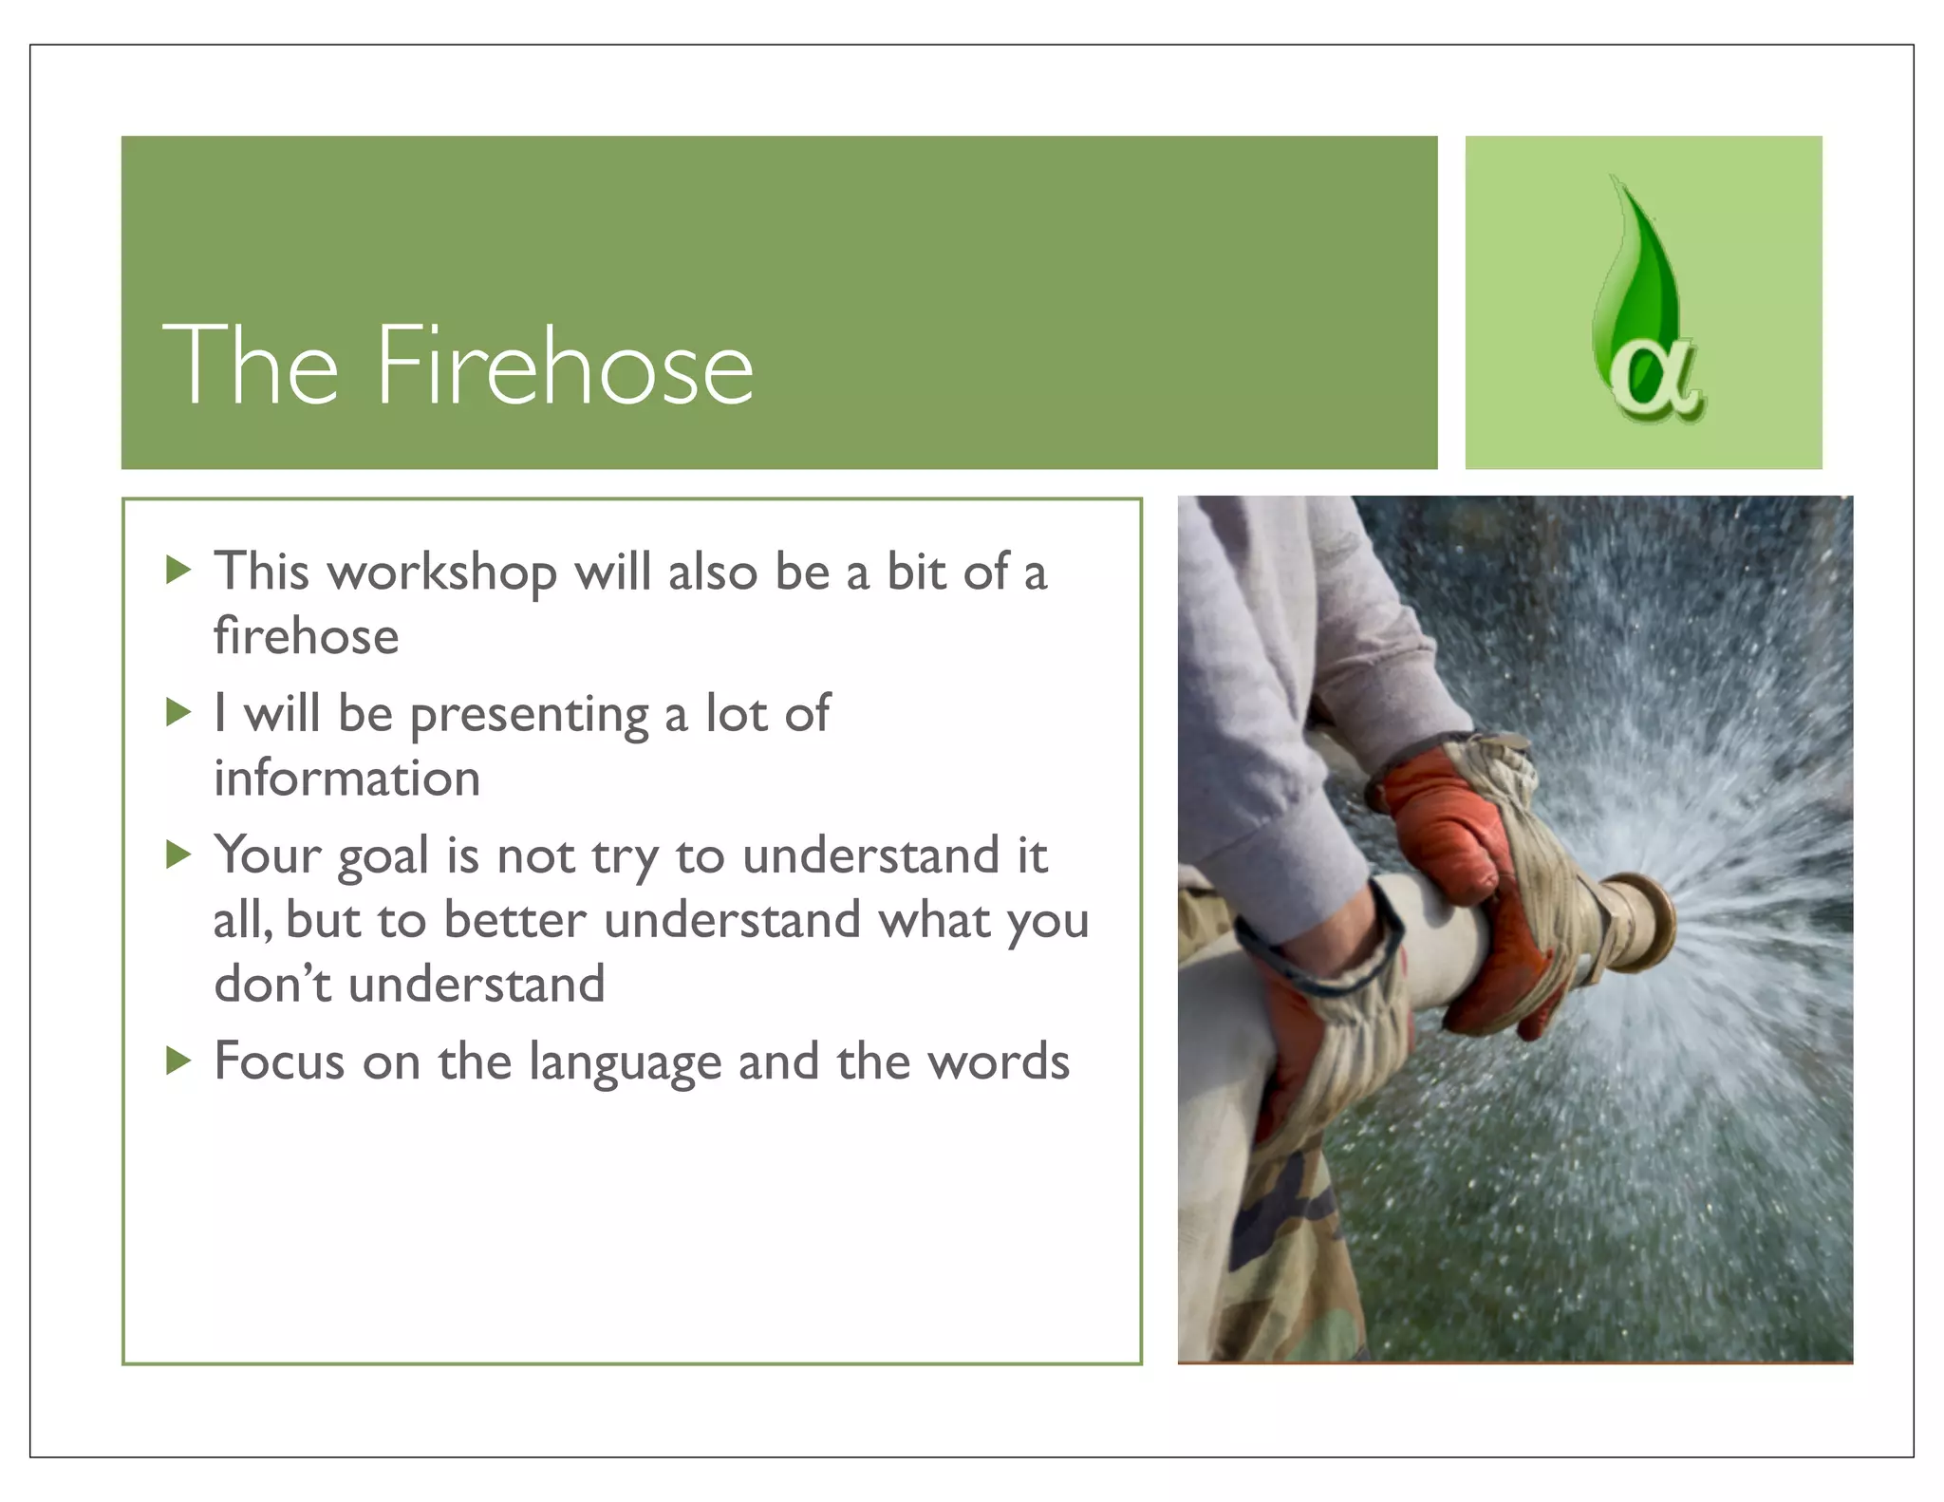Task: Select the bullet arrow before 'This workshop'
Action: (x=178, y=571)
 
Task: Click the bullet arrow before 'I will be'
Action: (x=178, y=712)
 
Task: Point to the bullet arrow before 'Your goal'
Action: (x=178, y=854)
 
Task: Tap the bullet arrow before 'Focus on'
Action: (x=178, y=1060)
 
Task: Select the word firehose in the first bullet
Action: (x=306, y=635)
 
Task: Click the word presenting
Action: (x=529, y=715)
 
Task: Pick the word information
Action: (x=346, y=779)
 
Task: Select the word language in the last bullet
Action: (x=625, y=1062)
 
